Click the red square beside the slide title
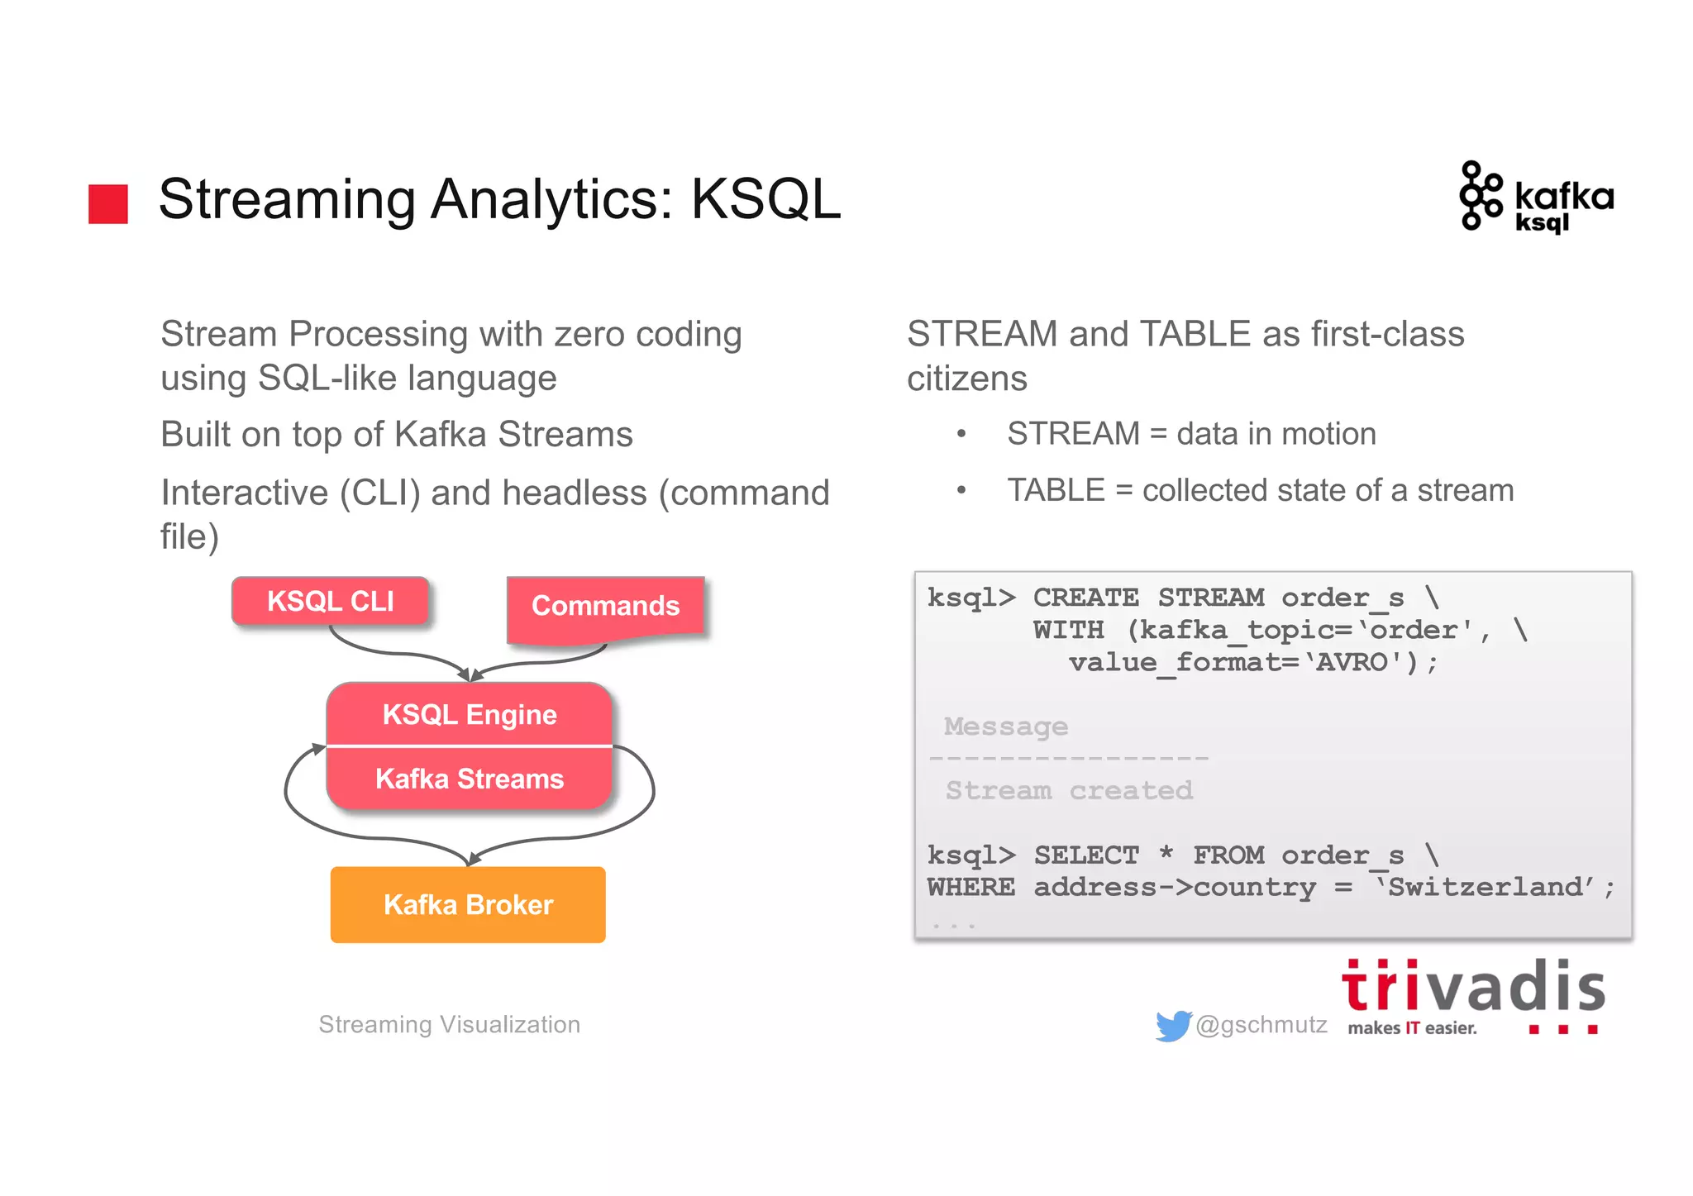(108, 203)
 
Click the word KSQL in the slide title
(765, 200)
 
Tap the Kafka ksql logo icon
(1480, 196)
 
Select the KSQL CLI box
(330, 601)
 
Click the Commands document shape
(605, 607)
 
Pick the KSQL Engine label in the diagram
(470, 714)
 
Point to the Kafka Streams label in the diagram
(470, 779)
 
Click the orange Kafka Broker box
(468, 904)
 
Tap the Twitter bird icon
(1173, 1026)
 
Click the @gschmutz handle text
(1261, 1025)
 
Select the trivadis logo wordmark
(1472, 987)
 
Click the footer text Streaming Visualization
(450, 1025)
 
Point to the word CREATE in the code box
(1085, 598)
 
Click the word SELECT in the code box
(1086, 855)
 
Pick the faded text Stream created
(1069, 791)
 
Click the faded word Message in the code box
(1006, 727)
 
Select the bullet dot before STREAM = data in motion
(961, 435)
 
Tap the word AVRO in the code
(1352, 663)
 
